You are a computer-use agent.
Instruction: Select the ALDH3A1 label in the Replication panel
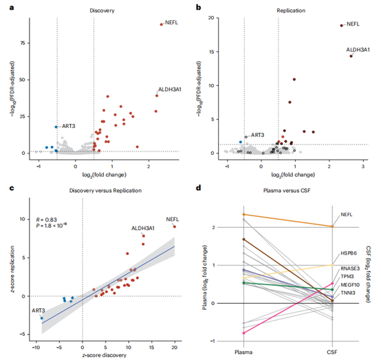click(358, 50)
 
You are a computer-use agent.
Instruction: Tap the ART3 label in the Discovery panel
click(69, 126)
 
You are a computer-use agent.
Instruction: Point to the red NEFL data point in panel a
click(161, 25)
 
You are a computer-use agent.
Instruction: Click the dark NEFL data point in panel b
click(342, 25)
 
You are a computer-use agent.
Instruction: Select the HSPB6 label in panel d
click(349, 253)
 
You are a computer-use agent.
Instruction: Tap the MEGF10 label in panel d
click(351, 283)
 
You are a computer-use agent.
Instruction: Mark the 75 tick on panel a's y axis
click(32, 43)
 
